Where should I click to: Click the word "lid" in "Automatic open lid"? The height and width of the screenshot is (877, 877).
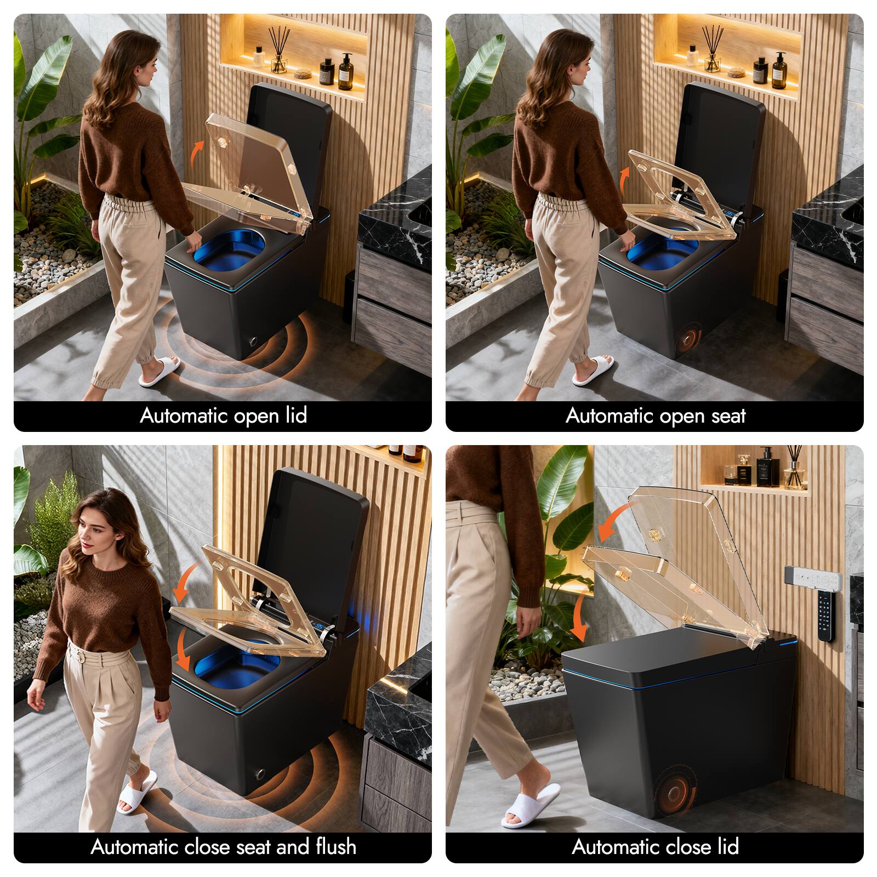pos(295,415)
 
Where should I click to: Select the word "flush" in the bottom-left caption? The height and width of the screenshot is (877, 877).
pos(336,847)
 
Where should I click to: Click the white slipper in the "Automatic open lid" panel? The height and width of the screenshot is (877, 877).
pos(159,371)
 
